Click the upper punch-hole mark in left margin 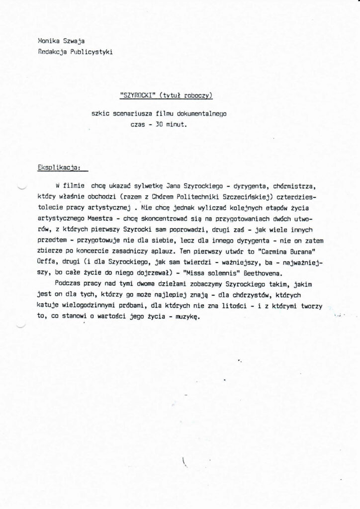point(21,187)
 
